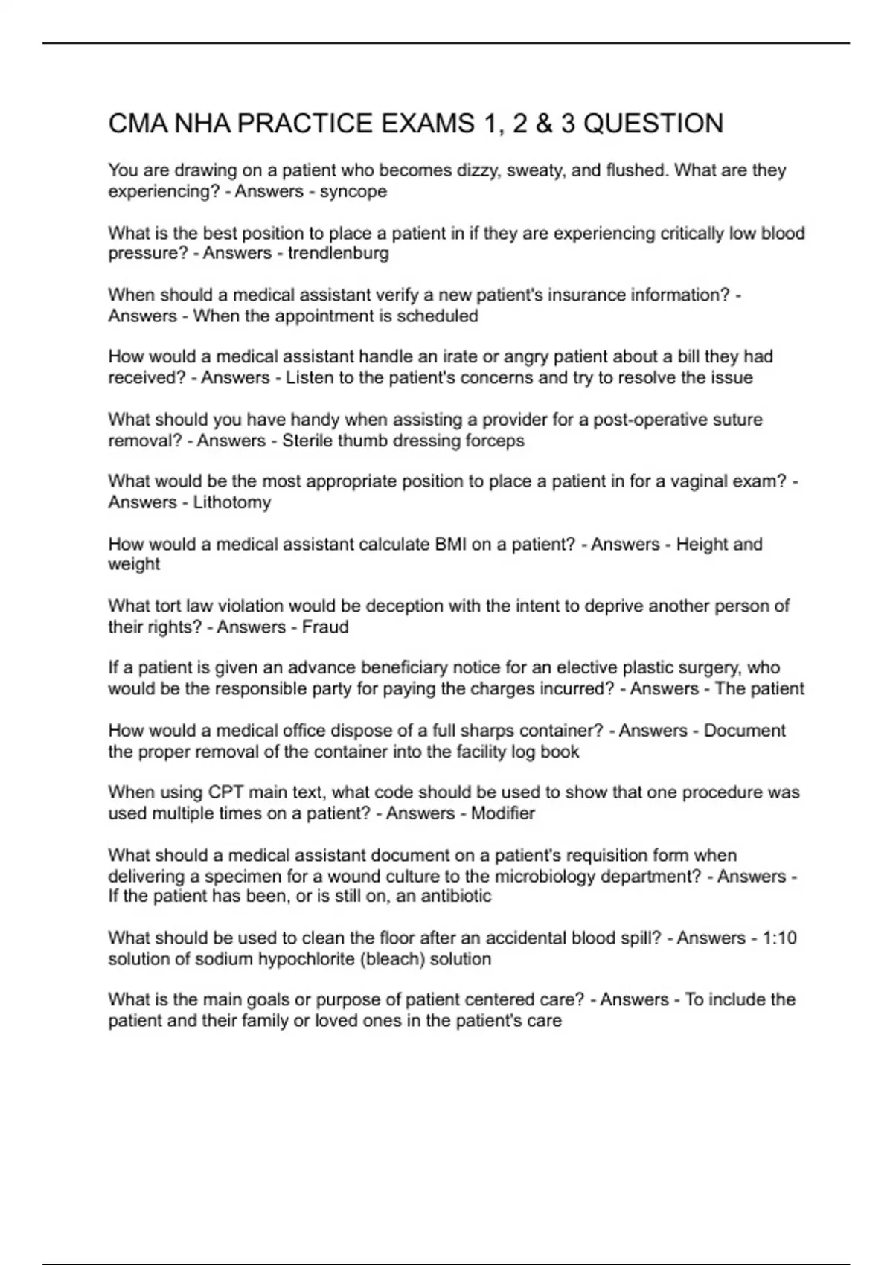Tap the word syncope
point(353,191)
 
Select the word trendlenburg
point(339,253)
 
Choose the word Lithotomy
point(232,502)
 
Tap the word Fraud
point(325,627)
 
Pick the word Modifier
point(503,813)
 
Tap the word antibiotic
point(456,895)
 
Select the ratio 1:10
point(779,938)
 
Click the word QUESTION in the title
point(653,124)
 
